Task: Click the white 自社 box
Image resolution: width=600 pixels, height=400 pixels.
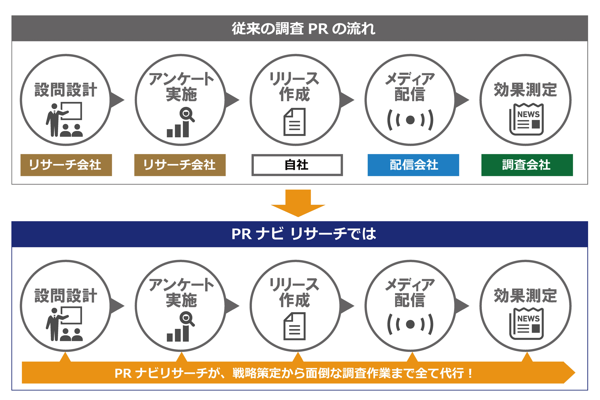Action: [297, 165]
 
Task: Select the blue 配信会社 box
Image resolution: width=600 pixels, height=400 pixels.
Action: [413, 165]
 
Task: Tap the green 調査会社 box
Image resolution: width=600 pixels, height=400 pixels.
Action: [527, 165]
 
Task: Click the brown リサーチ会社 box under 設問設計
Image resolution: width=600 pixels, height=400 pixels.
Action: [66, 165]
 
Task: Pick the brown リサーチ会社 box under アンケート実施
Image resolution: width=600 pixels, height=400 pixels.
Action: [180, 165]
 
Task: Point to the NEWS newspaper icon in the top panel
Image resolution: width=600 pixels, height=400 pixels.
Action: [526, 119]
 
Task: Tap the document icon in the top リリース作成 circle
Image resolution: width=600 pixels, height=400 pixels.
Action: [295, 122]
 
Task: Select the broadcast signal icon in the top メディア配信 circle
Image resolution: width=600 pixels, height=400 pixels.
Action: [410, 120]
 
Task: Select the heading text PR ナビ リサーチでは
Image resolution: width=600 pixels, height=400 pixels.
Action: [303, 234]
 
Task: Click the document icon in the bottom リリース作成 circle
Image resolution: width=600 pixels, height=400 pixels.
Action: [295, 326]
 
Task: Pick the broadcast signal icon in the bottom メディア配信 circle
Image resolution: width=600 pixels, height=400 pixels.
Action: [410, 324]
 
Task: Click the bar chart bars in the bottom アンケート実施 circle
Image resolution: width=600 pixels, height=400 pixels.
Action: [178, 334]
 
